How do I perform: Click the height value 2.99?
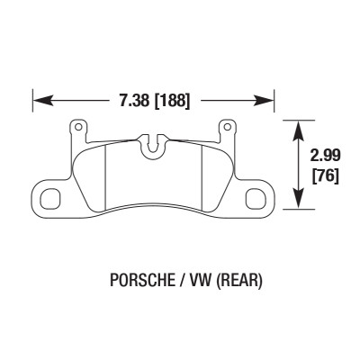coord(325,156)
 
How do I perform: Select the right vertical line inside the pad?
coord(199,178)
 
